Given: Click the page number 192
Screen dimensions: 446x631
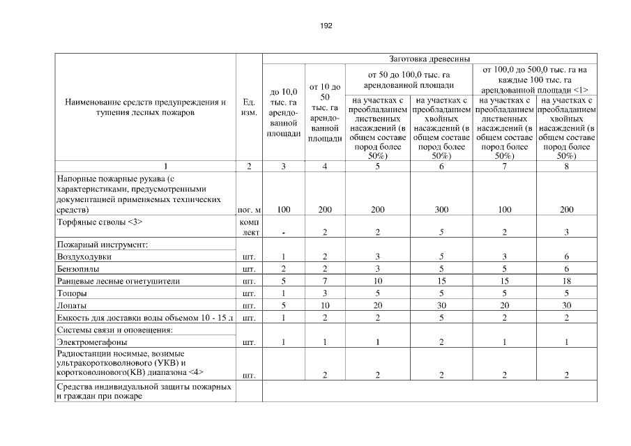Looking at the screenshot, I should point(326,26).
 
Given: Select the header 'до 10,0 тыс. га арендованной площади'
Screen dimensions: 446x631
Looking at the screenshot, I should point(283,111).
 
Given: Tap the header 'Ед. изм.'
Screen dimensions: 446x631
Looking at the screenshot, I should point(249,107).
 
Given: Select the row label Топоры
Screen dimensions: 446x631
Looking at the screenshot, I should point(72,293).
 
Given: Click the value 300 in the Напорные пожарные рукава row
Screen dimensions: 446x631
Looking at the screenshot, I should point(440,209).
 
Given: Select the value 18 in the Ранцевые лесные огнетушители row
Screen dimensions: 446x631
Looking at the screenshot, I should point(566,281).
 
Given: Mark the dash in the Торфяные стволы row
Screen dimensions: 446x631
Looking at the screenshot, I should point(283,233).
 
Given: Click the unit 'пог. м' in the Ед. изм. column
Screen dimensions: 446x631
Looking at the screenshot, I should point(249,209).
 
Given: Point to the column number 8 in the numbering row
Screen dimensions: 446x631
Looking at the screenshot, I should point(566,167).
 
